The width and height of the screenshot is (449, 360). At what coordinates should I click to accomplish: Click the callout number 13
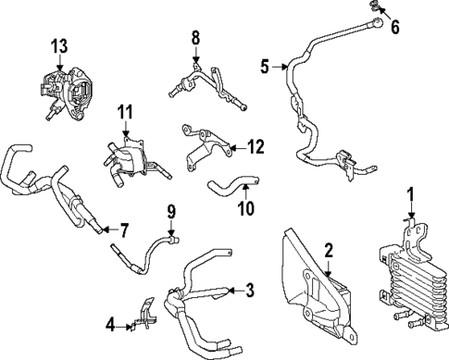pos(59,46)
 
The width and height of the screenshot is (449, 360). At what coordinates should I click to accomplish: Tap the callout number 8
pos(195,38)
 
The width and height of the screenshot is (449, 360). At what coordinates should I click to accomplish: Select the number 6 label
pos(395,27)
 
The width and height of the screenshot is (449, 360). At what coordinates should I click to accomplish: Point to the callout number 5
pos(265,67)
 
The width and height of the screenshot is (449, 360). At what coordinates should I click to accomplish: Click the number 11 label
pos(125,112)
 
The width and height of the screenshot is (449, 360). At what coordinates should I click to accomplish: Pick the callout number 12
pos(256,147)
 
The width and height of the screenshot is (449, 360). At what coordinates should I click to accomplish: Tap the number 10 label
pos(246,208)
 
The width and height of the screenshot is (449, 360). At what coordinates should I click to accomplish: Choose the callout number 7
pos(124,230)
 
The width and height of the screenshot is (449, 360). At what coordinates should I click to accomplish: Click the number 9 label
pos(171,212)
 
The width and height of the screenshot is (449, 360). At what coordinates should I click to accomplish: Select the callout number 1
pos(410,194)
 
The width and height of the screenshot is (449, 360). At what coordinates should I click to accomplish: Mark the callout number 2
pos(329,251)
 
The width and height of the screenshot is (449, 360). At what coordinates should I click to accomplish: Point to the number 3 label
pos(250,290)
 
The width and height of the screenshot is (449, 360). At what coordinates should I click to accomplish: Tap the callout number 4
pos(110,326)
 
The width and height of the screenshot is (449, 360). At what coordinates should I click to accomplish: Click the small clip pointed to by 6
pos(373,6)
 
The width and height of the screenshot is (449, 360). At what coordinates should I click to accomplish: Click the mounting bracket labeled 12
pos(206,145)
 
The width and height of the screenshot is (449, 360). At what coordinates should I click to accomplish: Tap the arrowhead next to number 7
pos(106,230)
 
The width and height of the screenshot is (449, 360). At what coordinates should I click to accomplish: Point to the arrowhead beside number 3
pos(231,290)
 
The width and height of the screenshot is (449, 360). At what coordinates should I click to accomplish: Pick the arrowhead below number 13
pos(59,68)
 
